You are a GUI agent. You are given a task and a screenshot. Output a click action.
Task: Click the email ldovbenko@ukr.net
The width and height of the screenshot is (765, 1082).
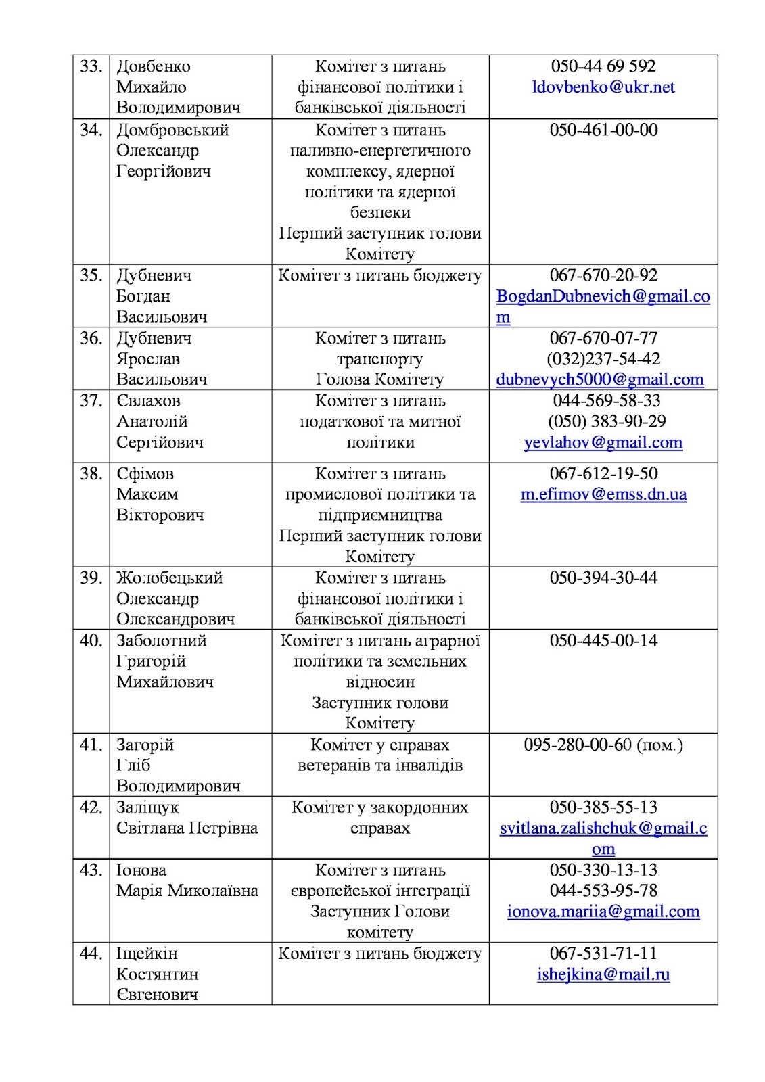point(603,87)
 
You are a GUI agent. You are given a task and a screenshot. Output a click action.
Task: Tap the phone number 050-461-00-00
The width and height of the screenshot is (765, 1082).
point(603,130)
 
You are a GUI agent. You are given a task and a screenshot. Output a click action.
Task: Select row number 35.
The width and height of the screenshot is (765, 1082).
point(91,275)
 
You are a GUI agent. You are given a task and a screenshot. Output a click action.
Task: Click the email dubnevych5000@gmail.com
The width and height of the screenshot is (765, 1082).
point(600,379)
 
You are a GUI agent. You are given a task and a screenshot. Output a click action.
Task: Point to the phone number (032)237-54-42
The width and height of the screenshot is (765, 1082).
point(603,358)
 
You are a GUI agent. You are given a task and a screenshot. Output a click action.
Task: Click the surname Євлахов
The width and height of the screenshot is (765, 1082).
point(148,400)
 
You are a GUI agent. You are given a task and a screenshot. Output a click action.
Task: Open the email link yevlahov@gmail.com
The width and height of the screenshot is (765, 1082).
point(603,442)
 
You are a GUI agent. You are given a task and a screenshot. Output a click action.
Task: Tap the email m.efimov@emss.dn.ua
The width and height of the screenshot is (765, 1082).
point(603,494)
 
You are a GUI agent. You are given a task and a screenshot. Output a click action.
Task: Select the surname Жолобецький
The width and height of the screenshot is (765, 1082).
point(169,578)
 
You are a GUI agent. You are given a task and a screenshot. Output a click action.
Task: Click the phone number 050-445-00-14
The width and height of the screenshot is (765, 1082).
point(603,640)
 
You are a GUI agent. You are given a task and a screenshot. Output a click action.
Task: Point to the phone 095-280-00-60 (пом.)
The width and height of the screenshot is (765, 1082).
point(603,745)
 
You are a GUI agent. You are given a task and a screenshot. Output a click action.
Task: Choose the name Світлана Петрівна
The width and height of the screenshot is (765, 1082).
point(187,828)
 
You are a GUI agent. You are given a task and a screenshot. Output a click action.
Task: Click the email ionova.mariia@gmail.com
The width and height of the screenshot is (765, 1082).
point(603,912)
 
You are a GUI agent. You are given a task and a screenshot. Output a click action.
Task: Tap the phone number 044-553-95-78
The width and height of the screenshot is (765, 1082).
point(603,891)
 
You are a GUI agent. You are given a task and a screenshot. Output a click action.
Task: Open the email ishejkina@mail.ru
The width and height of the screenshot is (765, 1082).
point(603,974)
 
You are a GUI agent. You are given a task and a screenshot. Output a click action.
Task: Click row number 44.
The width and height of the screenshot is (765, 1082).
point(91,954)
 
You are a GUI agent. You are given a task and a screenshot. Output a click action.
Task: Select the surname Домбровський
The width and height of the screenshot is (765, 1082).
point(172,130)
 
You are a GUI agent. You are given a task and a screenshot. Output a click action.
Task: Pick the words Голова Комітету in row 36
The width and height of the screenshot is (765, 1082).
point(380,379)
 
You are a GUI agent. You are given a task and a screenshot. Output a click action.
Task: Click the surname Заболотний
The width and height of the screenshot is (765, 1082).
point(162,640)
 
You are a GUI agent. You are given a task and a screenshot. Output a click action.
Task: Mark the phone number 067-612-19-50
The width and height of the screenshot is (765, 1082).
point(603,473)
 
